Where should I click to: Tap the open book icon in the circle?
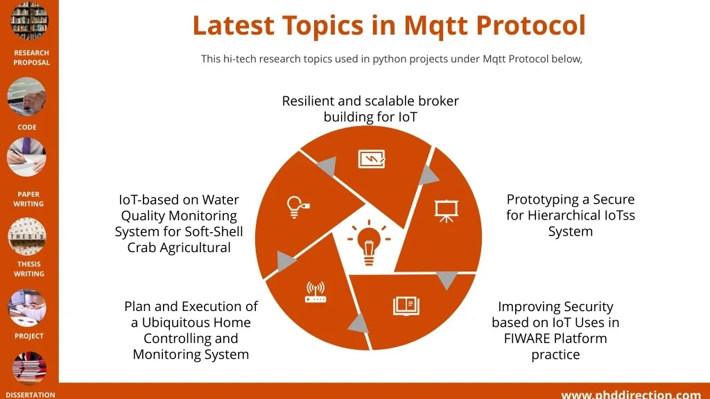[x=406, y=305]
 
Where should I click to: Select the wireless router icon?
[x=315, y=292]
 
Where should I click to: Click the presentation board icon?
[x=447, y=211]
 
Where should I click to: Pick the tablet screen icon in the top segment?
[x=372, y=159]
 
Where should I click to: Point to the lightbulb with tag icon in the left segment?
[x=297, y=207]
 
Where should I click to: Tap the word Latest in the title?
[x=233, y=26]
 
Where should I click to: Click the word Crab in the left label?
[x=141, y=247]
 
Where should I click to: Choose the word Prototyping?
[x=537, y=199]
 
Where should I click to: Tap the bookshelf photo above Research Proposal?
[x=29, y=20]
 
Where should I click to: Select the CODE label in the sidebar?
[x=27, y=127]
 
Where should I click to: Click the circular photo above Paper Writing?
[x=27, y=157]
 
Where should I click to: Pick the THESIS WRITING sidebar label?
[x=29, y=269]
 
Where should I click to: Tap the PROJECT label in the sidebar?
[x=29, y=336]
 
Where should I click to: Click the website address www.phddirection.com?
[x=631, y=395]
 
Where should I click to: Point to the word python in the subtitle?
[x=387, y=60]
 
